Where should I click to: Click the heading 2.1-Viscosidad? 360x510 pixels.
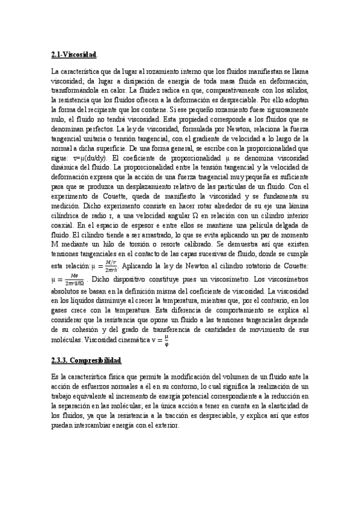point(74,55)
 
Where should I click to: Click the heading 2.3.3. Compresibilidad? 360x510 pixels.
point(87,361)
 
